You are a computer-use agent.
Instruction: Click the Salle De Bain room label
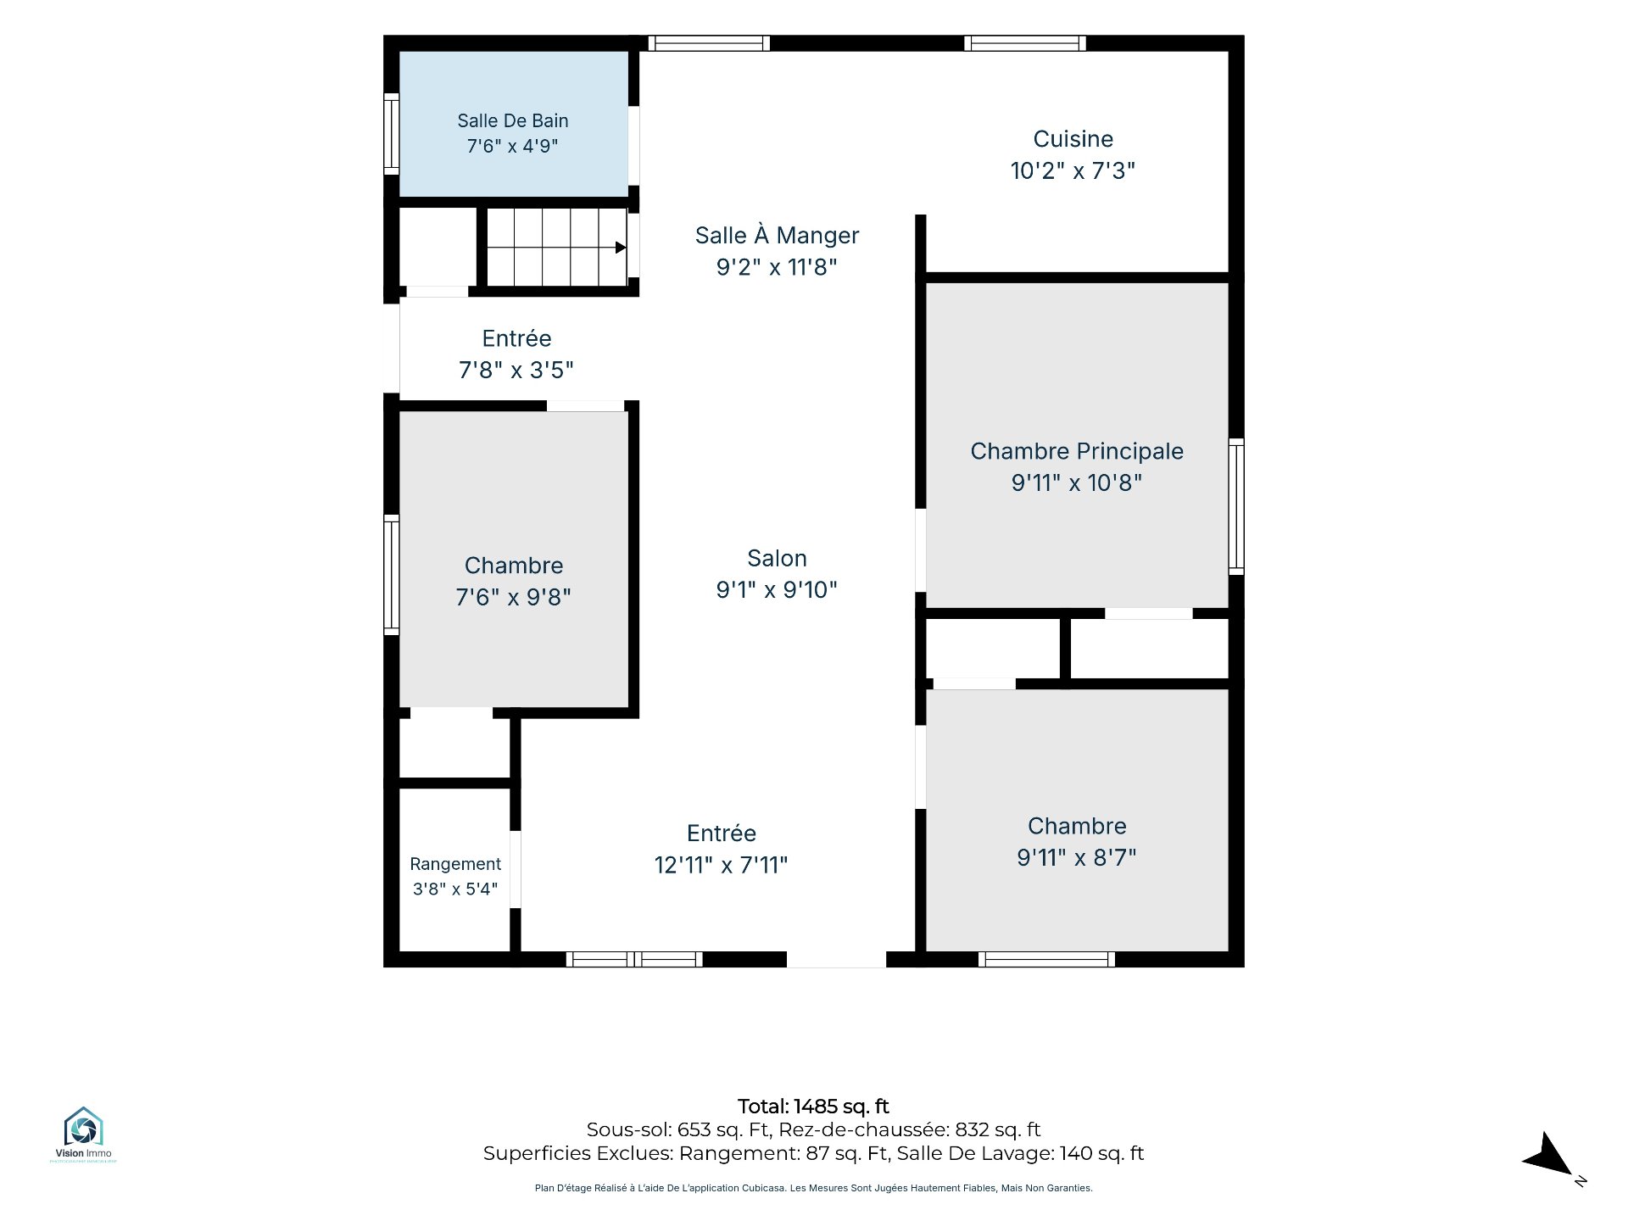(512, 120)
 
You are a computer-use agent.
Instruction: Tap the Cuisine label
(1073, 139)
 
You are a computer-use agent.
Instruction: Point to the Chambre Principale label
(1077, 451)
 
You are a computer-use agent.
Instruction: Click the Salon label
(777, 558)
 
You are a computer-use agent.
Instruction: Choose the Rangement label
(455, 864)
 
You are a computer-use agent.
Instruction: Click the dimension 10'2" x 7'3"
(1073, 170)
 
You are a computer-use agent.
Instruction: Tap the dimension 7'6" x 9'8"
(513, 597)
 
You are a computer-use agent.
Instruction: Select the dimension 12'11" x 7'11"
(721, 865)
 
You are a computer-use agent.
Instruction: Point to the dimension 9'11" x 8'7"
(1077, 857)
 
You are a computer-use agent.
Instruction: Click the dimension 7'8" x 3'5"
(516, 370)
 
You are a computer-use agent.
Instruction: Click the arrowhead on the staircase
(621, 248)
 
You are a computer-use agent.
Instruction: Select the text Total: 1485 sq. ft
(813, 1107)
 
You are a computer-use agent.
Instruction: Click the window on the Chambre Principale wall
(1236, 506)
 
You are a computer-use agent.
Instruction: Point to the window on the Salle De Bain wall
(391, 134)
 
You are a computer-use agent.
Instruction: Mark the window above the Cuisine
(1025, 43)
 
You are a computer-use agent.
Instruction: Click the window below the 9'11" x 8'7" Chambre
(1046, 959)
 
